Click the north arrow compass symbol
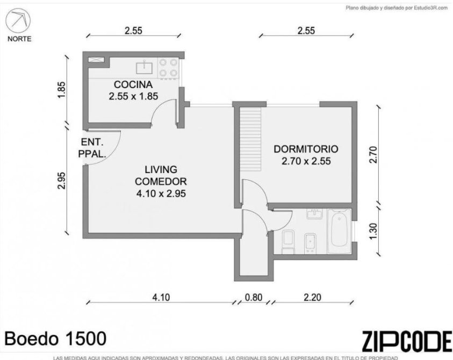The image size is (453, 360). click(x=18, y=21)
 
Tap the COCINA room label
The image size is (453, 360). click(x=133, y=85)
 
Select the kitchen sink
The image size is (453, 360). click(x=144, y=67)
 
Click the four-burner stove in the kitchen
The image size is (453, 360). click(x=168, y=68)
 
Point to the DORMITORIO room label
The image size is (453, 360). click(x=306, y=149)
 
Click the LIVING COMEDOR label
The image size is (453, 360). click(x=161, y=175)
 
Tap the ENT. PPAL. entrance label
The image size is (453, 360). click(x=92, y=148)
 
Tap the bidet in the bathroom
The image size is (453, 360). click(x=311, y=243)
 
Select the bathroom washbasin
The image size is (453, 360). click(x=314, y=214)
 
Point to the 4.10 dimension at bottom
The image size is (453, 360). click(x=161, y=297)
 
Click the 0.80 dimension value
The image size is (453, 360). click(x=253, y=297)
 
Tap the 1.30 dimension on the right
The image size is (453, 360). click(x=373, y=231)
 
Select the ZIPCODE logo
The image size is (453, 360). click(x=407, y=341)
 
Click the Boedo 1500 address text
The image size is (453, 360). click(x=55, y=339)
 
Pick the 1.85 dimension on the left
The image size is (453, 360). click(x=62, y=90)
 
